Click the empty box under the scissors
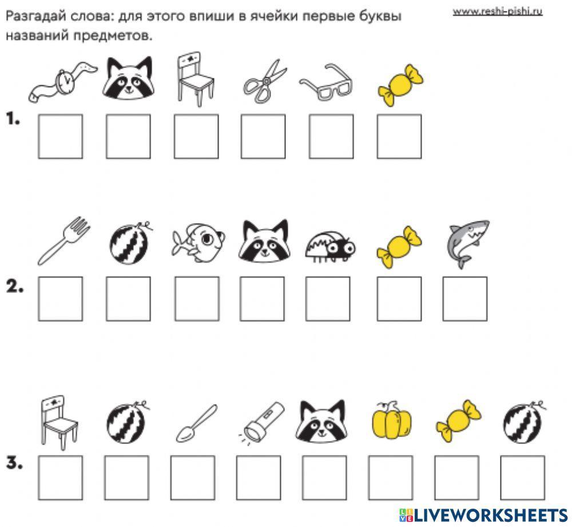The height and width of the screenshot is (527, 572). (x=263, y=136)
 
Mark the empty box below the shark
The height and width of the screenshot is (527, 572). (x=465, y=299)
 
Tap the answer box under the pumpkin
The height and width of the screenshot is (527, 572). (x=390, y=478)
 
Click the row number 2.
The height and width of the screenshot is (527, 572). (x=15, y=288)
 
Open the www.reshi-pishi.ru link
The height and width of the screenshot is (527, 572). (x=497, y=11)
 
